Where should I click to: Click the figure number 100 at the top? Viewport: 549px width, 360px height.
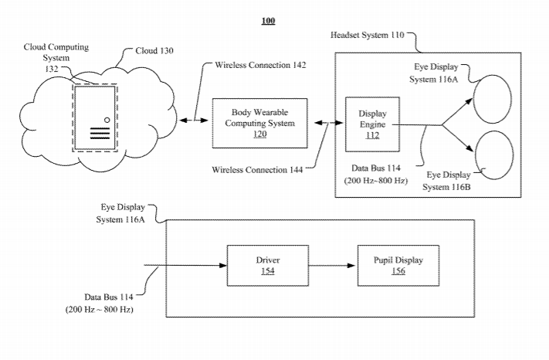point(268,21)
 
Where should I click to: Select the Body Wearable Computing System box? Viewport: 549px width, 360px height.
point(259,123)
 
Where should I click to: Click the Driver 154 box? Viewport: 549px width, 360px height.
point(267,265)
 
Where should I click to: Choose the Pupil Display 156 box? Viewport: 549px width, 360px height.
point(397,265)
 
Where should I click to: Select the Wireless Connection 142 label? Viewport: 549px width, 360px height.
point(262,65)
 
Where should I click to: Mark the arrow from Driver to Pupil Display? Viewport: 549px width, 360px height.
point(332,266)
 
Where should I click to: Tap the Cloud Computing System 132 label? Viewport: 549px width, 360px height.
point(56,57)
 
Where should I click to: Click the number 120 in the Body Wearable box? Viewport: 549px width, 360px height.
point(259,134)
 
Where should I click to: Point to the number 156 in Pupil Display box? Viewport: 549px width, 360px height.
point(397,271)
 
